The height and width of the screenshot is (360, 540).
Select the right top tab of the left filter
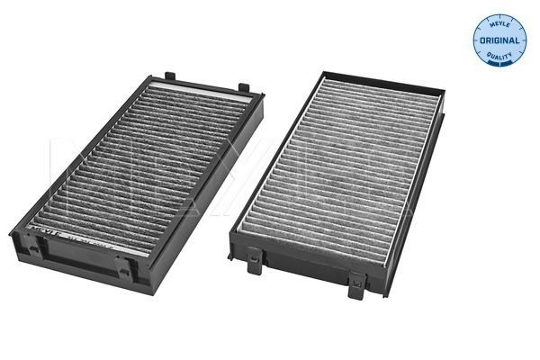(x=242, y=88)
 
